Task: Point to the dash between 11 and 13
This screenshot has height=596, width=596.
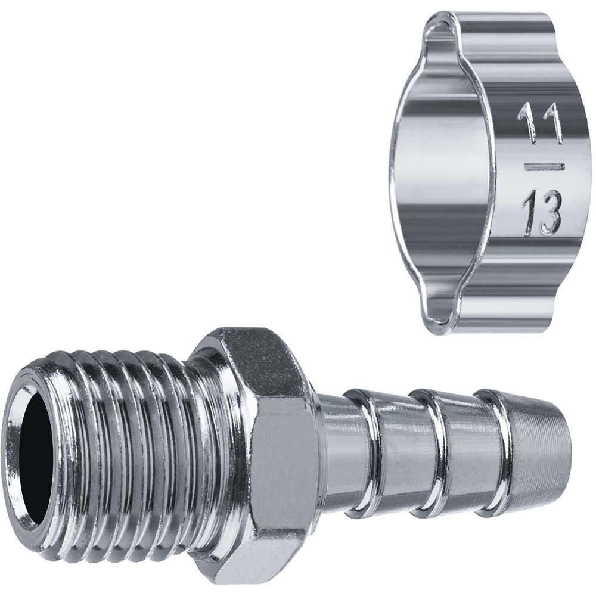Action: tap(544, 166)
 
